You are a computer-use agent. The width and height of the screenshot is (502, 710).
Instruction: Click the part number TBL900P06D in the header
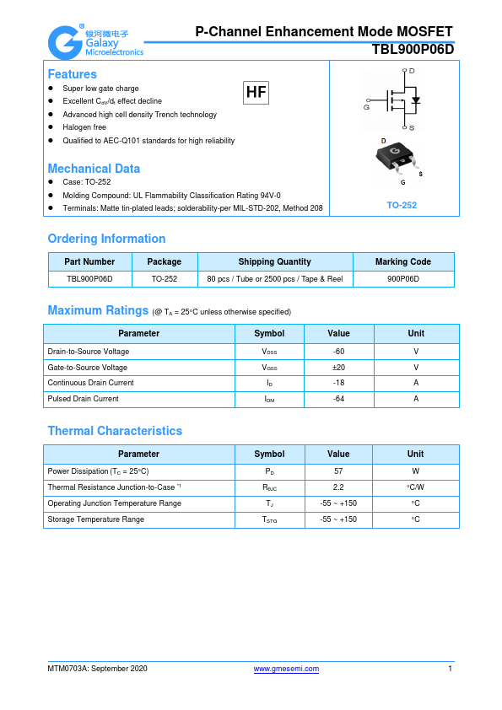[413, 50]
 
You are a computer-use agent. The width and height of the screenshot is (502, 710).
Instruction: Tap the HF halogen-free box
[256, 93]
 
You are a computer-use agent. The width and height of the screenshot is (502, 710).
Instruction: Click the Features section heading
[72, 74]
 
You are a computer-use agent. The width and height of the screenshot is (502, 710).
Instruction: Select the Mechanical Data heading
[94, 169]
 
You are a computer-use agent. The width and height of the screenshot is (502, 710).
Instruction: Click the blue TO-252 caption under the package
[402, 205]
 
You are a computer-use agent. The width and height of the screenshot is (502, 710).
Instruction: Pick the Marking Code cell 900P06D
[403, 278]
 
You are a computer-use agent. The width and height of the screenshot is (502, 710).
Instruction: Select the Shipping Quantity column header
[274, 261]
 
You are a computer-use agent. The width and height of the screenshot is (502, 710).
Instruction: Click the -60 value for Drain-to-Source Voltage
[338, 352]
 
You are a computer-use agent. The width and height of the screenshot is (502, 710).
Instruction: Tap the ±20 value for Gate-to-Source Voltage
[338, 368]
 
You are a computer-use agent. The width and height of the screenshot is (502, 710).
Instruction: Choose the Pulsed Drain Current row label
[83, 399]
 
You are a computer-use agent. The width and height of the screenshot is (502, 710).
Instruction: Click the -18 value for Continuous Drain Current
[338, 383]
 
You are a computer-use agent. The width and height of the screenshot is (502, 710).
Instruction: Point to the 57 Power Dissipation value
[338, 472]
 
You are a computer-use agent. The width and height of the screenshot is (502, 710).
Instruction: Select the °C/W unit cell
[415, 487]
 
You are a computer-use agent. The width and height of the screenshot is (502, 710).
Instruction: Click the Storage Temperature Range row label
[95, 519]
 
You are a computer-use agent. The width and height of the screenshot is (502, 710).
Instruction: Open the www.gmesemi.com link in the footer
[286, 669]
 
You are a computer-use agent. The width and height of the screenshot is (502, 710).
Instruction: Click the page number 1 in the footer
[451, 669]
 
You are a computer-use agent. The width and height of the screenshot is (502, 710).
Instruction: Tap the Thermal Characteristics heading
[115, 431]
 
